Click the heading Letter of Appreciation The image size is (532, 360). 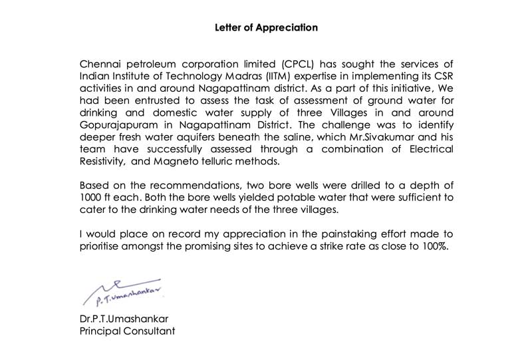click(266, 28)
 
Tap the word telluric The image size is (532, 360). click(223, 161)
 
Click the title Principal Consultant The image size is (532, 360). click(127, 330)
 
